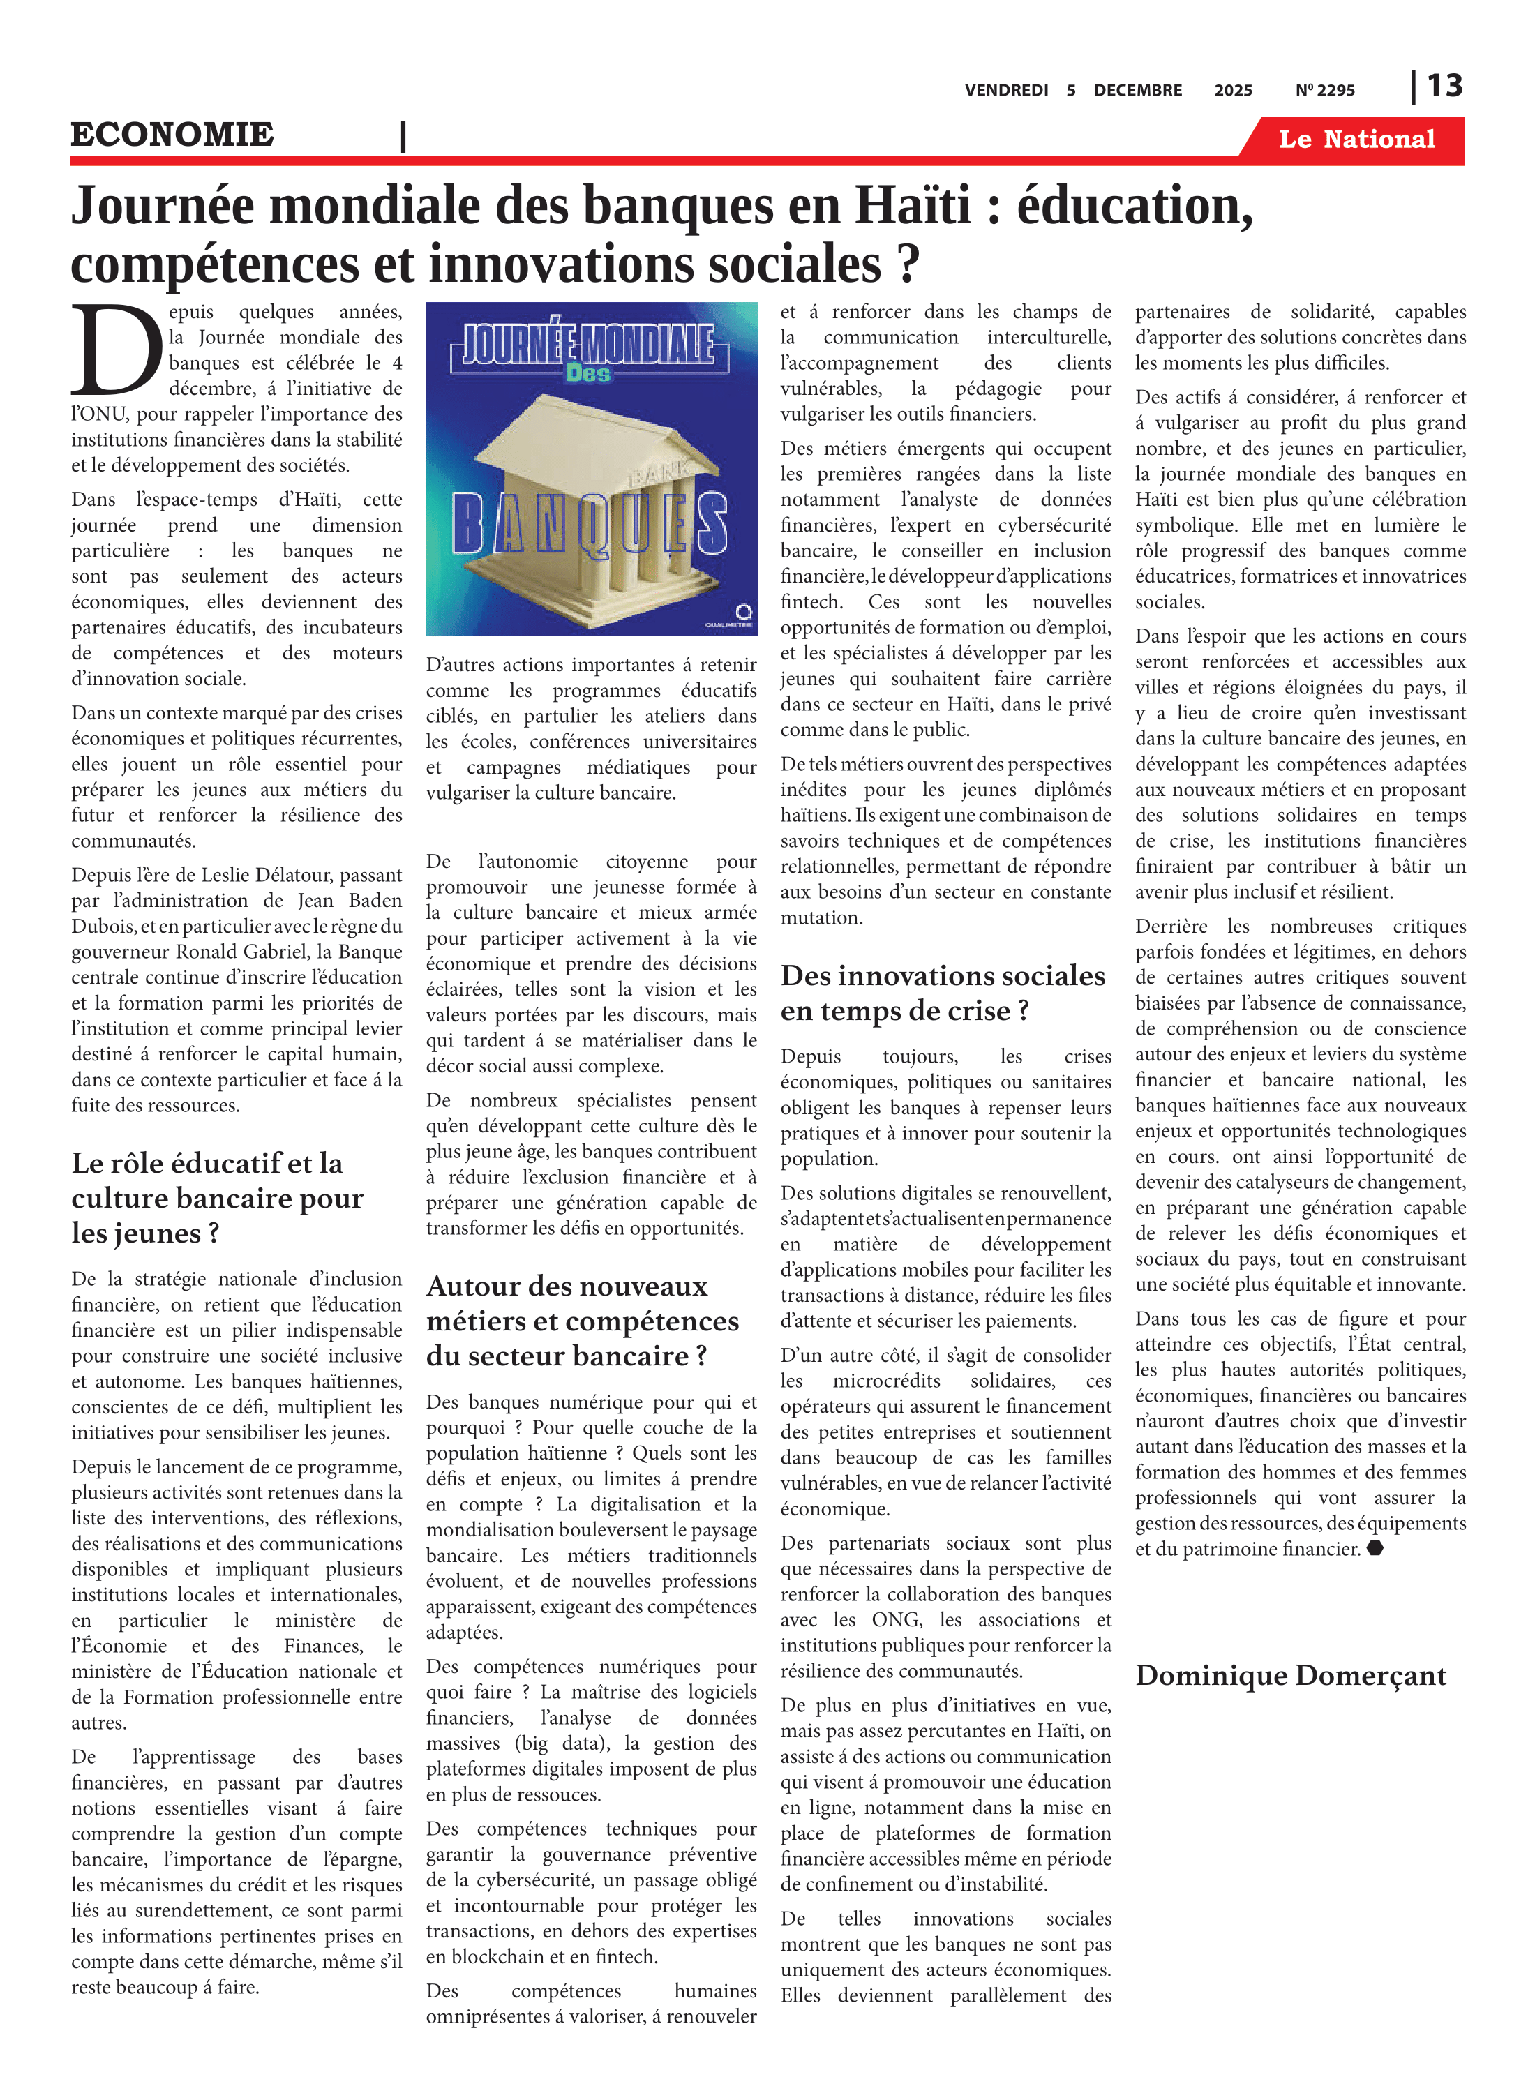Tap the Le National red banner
point(1356,140)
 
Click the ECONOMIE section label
point(173,135)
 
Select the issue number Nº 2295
point(1324,90)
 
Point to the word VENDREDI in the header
point(1005,90)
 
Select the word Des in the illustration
point(588,373)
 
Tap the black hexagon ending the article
point(1375,1547)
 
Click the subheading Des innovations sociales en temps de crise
point(942,991)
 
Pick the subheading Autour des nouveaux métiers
point(582,1319)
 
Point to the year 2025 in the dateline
point(1232,90)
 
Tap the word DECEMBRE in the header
point(1137,90)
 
